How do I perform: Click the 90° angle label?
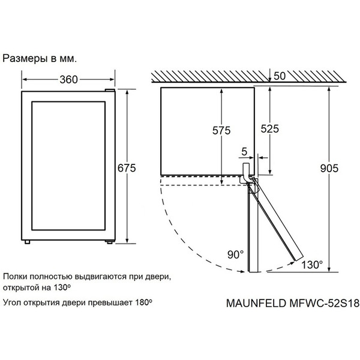235,254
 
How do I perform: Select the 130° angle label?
312,264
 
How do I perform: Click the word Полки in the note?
16,277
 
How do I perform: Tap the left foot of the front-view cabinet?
28,242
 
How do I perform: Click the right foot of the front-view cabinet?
108,242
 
